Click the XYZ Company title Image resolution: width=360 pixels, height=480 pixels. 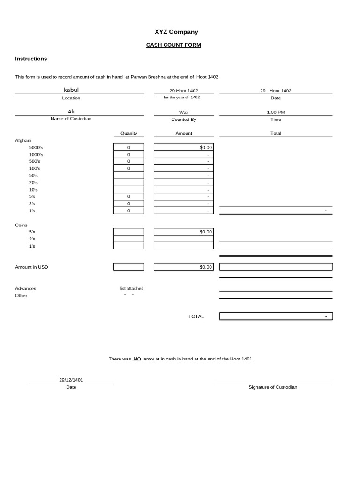click(x=176, y=32)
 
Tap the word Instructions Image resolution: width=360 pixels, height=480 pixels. click(x=31, y=59)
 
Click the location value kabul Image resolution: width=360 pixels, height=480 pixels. click(x=71, y=90)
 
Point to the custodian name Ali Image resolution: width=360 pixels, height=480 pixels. click(x=71, y=112)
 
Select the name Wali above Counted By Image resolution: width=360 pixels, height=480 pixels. click(x=184, y=112)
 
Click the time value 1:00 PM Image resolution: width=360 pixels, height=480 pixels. click(x=276, y=112)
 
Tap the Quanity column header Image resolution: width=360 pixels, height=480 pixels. click(x=129, y=133)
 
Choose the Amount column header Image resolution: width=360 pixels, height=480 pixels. click(x=184, y=133)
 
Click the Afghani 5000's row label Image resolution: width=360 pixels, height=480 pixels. click(x=36, y=147)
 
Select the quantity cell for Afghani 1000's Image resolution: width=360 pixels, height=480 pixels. click(x=129, y=154)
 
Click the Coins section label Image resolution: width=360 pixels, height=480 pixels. click(x=22, y=225)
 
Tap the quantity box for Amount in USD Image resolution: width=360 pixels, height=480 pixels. click(x=129, y=267)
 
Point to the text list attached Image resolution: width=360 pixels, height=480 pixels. click(x=132, y=288)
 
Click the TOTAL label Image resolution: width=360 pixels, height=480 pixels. click(x=196, y=316)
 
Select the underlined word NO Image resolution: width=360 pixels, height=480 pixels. click(x=137, y=359)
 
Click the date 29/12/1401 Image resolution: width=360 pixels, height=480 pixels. click(x=71, y=380)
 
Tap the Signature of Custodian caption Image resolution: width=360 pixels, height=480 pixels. click(x=273, y=387)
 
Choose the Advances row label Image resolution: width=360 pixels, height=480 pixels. click(x=26, y=288)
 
